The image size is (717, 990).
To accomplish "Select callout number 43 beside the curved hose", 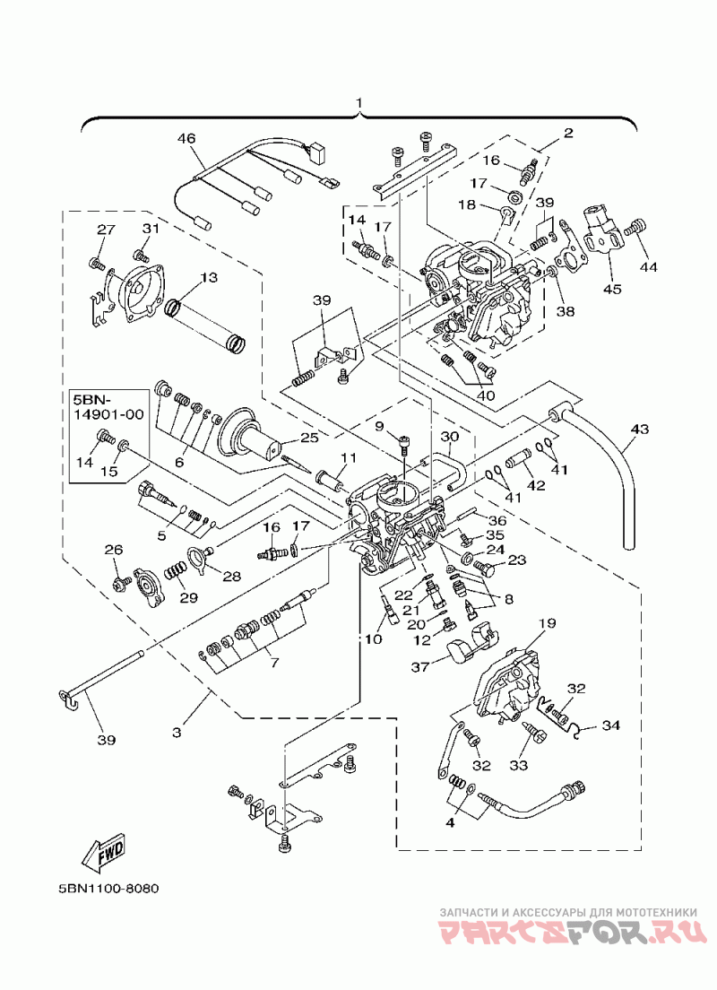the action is (x=639, y=430).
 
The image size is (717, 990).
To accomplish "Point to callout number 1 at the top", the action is (x=358, y=102).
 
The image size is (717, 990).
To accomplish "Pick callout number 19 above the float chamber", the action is (x=548, y=623).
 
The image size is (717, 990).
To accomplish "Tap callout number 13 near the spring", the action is (x=208, y=278).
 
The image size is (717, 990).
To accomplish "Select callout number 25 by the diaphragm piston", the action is (x=292, y=437).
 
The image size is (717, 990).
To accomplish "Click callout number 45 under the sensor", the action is (x=612, y=289).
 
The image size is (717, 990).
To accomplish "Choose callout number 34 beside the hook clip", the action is (x=611, y=725).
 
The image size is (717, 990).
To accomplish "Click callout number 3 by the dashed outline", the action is (x=177, y=733).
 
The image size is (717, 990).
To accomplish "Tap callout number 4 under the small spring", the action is (x=450, y=823).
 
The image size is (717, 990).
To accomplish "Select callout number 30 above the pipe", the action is (x=449, y=437).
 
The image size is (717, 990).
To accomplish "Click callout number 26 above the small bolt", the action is (x=114, y=550).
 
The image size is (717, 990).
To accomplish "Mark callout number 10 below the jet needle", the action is (x=373, y=639).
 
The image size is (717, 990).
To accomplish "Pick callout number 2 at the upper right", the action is (x=568, y=134).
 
